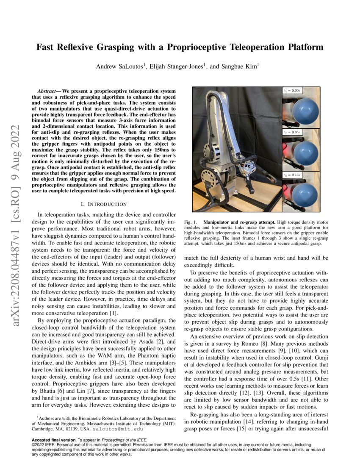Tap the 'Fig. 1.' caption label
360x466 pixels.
tap(192, 222)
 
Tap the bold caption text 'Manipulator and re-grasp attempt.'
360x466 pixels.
tap(240, 222)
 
